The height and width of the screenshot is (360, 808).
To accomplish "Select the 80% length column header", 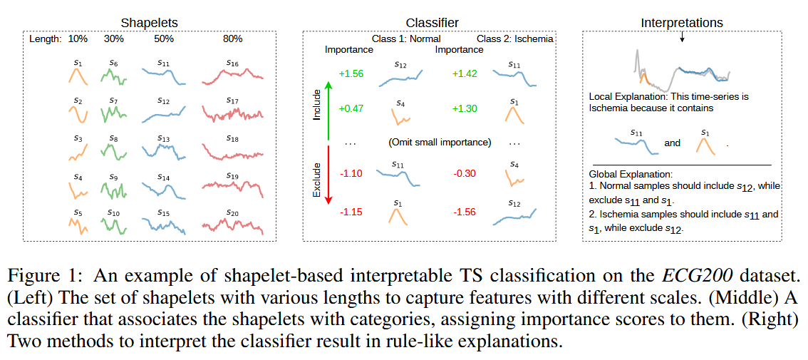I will tap(232, 38).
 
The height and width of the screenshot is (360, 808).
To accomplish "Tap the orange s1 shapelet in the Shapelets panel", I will tap(78, 75).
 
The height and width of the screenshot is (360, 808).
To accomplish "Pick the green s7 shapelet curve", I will tap(113, 115).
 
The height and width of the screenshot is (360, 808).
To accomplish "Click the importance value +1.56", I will tap(351, 73).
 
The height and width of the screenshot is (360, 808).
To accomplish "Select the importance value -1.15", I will tap(351, 212).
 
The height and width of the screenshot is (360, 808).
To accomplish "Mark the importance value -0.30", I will tap(465, 173).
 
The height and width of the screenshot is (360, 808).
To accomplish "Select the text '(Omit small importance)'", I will tap(440, 142).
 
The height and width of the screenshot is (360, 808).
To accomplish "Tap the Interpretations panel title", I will tap(682, 23).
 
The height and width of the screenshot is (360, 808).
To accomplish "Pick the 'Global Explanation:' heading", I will tap(631, 173).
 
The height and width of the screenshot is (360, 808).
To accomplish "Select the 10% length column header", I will tap(78, 38).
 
